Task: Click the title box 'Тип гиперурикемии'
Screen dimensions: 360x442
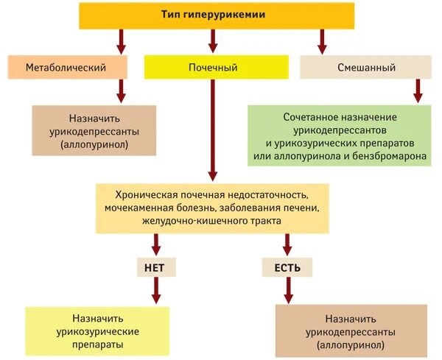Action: pyautogui.click(x=214, y=15)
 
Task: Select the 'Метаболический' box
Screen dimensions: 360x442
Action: pyautogui.click(x=66, y=68)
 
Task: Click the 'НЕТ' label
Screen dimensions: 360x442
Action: pyautogui.click(x=156, y=267)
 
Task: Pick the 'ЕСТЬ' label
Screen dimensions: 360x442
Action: pyautogui.click(x=287, y=267)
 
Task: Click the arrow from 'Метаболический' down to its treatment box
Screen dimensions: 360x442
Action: pyautogui.click(x=122, y=91)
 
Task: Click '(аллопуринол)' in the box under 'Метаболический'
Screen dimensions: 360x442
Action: pyautogui.click(x=94, y=145)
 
